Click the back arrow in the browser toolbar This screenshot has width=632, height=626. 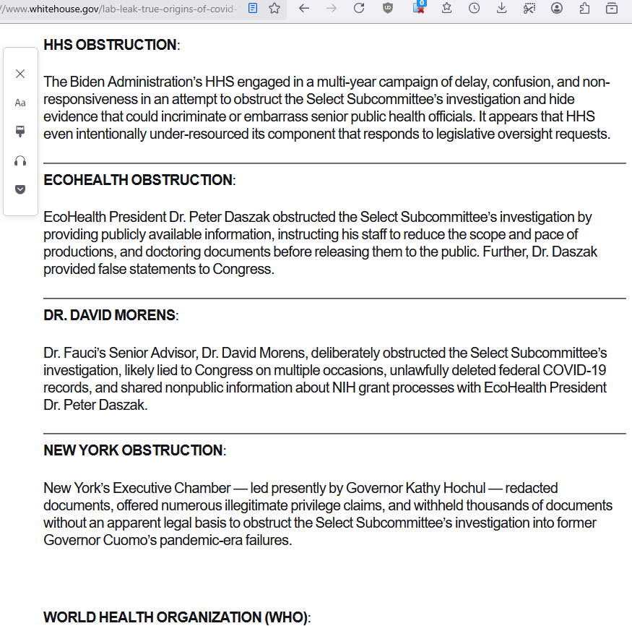(304, 9)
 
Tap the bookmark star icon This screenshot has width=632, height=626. (274, 9)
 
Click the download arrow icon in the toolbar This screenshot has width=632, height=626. (501, 9)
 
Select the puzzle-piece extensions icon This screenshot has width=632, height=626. (584, 9)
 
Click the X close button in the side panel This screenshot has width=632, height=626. (20, 74)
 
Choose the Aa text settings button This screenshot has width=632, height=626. (20, 103)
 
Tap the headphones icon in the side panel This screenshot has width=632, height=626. (20, 160)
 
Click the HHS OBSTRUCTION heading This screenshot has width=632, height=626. (110, 45)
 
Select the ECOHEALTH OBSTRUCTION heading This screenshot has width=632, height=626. (138, 180)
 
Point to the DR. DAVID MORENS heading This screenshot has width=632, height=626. (109, 315)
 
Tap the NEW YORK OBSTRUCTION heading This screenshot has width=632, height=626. (133, 450)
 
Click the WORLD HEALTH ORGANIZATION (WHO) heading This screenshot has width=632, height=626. (176, 617)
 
